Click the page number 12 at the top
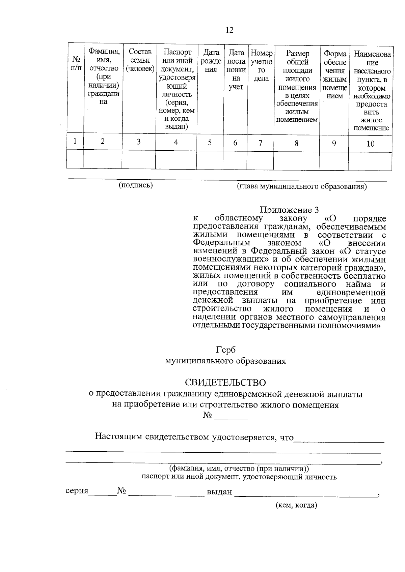click(229, 30)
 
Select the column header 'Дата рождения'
click(211, 61)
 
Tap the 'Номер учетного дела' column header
click(261, 66)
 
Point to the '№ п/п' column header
click(76, 63)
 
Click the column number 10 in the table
click(370, 144)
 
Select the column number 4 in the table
click(176, 142)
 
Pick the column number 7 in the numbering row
click(260, 143)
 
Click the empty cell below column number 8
click(296, 160)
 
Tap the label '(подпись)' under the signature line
click(135, 185)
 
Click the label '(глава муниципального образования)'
click(302, 186)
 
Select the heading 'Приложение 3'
click(289, 210)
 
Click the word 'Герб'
click(226, 350)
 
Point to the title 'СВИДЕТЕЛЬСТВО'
click(225, 383)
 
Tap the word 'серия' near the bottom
click(77, 491)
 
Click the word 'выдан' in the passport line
click(219, 492)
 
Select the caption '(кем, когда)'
click(296, 505)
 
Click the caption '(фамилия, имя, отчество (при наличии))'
click(239, 469)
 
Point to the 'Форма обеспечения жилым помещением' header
click(334, 74)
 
